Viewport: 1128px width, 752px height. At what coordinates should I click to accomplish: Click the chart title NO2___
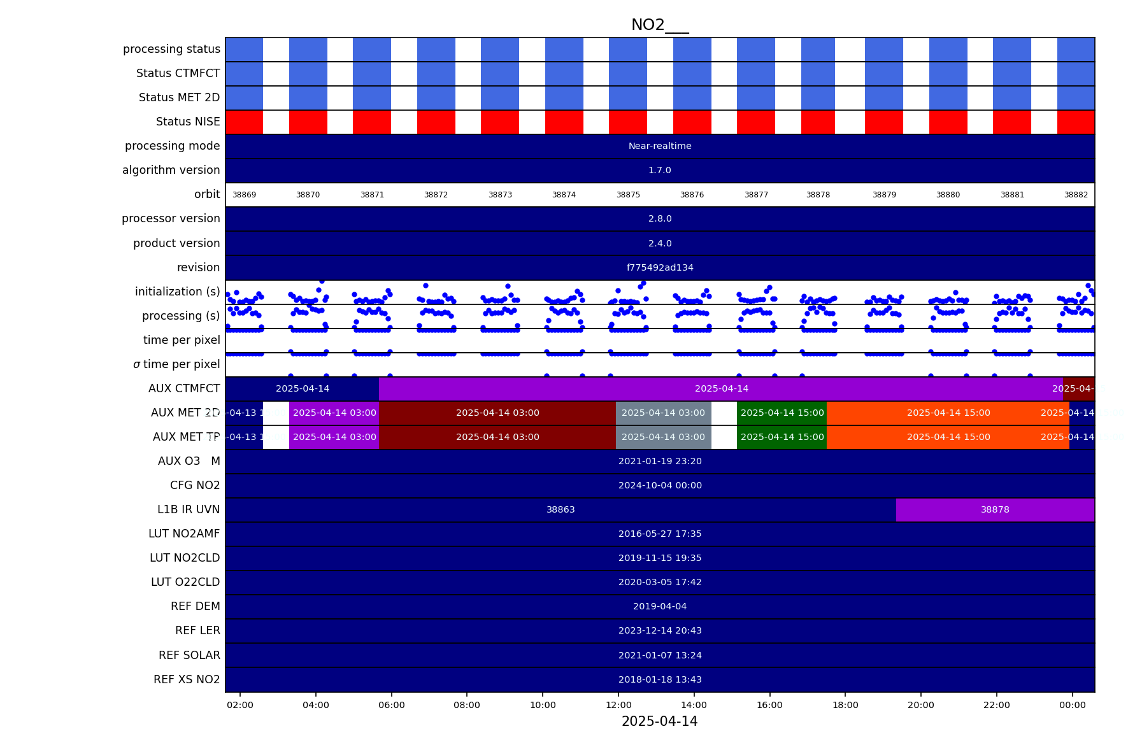[659, 25]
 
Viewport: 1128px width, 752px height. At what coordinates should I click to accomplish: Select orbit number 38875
[628, 195]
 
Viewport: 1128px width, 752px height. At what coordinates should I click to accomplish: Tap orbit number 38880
[948, 195]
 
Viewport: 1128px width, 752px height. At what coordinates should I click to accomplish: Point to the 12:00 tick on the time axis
[618, 705]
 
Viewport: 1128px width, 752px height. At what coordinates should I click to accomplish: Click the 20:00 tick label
[920, 705]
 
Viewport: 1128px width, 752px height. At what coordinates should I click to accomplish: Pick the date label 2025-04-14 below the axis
[659, 721]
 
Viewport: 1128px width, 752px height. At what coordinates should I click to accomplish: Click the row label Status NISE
[188, 122]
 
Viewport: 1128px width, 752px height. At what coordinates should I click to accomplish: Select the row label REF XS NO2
[187, 679]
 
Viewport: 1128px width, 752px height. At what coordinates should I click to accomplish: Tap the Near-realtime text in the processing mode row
[660, 146]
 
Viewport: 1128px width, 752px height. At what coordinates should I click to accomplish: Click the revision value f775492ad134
[660, 267]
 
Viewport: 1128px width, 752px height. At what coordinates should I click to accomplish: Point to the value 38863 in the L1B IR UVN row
[560, 509]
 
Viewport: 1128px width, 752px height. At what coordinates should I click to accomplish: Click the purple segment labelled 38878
[995, 509]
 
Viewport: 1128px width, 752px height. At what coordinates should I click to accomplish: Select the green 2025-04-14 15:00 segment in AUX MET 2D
[782, 413]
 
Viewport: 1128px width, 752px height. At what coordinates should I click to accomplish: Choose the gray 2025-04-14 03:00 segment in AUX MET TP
[663, 437]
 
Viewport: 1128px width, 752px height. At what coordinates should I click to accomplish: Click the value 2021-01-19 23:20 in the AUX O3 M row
[660, 461]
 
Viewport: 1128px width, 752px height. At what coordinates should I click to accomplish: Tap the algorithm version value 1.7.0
[660, 170]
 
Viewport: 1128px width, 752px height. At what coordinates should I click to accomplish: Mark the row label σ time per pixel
[176, 364]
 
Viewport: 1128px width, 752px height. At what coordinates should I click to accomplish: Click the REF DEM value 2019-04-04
[660, 606]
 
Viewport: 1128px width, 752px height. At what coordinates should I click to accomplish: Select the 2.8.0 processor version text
[660, 218]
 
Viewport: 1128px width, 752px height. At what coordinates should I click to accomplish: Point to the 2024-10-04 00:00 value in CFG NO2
[660, 485]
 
